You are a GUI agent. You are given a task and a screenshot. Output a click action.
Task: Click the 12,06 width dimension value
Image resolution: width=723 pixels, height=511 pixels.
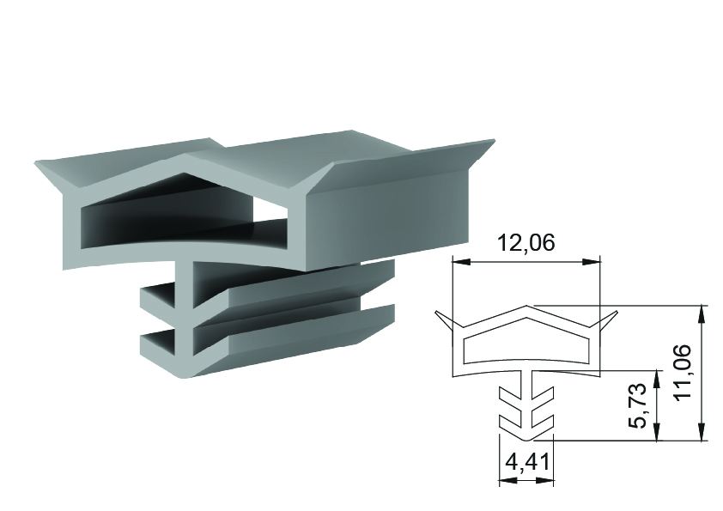click(526, 242)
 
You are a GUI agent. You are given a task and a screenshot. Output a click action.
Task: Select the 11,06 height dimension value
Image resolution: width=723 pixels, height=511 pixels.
click(682, 372)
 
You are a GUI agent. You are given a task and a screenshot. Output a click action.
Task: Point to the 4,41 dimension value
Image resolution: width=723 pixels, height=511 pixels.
click(526, 462)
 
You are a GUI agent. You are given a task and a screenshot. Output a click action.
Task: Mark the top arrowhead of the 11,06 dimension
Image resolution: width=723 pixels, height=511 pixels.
click(702, 313)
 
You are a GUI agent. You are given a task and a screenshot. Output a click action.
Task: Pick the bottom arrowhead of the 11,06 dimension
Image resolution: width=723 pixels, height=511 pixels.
click(702, 432)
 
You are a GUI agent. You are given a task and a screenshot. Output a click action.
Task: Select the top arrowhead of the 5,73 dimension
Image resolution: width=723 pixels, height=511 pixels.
click(656, 378)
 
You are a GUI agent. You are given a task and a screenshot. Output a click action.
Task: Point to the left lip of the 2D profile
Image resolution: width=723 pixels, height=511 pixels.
click(443, 320)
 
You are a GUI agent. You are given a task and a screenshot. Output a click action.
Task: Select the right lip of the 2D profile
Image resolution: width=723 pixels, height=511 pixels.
click(609, 320)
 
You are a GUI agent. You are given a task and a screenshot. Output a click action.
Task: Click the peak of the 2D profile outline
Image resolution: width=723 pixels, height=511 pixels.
click(526, 306)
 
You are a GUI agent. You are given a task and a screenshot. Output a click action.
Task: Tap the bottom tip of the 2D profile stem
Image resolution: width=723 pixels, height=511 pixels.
click(526, 440)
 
